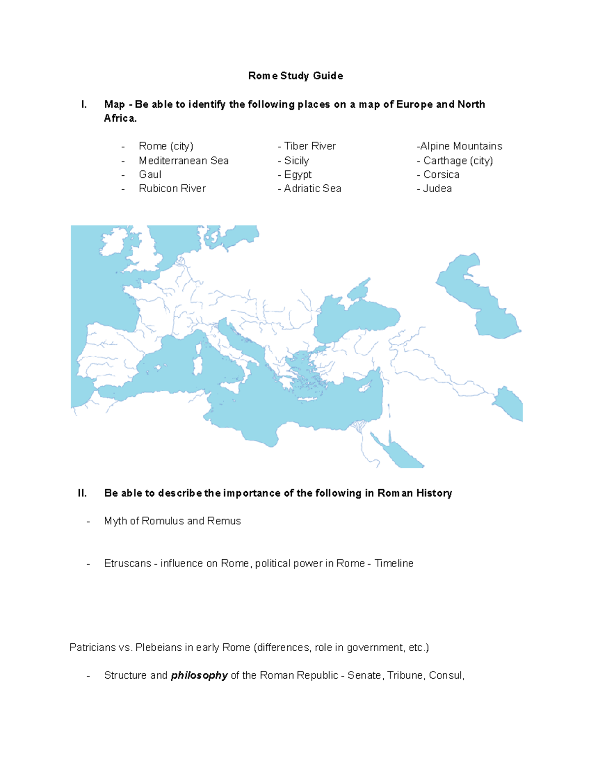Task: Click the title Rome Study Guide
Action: tap(295, 76)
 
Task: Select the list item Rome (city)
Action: tap(166, 146)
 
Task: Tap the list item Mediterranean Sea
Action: tap(184, 161)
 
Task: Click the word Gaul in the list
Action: tap(150, 175)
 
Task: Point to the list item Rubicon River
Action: tap(172, 189)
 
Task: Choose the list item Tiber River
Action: tap(310, 146)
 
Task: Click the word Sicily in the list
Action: tap(296, 161)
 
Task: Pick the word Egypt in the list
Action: tap(298, 175)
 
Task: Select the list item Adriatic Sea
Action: tap(313, 189)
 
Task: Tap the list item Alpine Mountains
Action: tap(461, 146)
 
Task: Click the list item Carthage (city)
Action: tap(458, 161)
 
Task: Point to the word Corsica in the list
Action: tap(441, 175)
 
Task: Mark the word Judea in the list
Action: tap(437, 189)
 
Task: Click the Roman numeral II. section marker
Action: tap(82, 493)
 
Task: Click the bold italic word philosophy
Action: tap(199, 675)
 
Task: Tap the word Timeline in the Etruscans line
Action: tap(394, 564)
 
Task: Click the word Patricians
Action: tap(93, 648)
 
